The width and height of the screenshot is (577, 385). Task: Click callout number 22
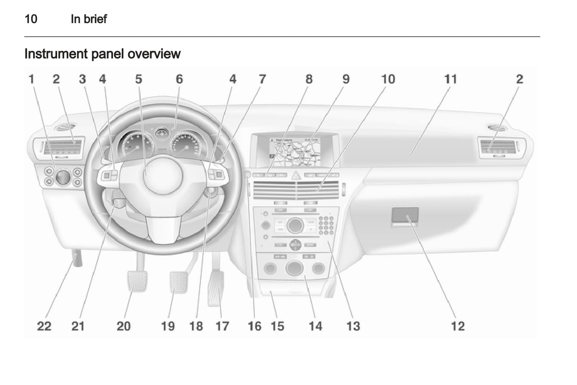coord(44,326)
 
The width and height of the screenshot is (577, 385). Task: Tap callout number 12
coord(458,326)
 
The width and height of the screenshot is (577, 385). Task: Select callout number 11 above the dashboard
coord(450,79)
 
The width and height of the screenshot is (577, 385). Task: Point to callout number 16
coord(254,326)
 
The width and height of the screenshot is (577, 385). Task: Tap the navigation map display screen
coord(295,152)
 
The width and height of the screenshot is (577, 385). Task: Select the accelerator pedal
coord(216,288)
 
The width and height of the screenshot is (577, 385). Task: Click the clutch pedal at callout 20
coord(137,281)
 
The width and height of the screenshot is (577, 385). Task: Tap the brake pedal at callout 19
coord(178,282)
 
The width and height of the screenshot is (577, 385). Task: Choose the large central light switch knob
coord(62,177)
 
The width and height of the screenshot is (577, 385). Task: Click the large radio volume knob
coord(295,225)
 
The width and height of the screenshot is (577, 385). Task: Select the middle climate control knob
coord(294,268)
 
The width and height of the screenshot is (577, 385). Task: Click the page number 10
coord(31,19)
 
